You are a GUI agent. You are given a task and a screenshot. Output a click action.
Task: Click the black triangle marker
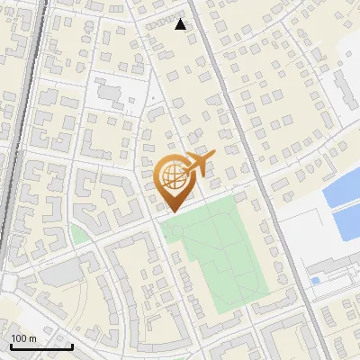(x=181, y=24)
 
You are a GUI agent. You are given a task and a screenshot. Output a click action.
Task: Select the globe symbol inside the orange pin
(x=171, y=175)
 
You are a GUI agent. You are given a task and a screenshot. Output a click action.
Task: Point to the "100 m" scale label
(x=24, y=338)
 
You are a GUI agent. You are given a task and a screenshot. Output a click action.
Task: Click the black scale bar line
(x=40, y=346)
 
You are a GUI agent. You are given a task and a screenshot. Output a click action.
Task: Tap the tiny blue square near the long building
(x=315, y=281)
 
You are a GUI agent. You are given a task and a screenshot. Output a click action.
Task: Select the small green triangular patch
(x=78, y=236)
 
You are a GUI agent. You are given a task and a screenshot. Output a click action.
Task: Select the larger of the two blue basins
(x=342, y=189)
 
